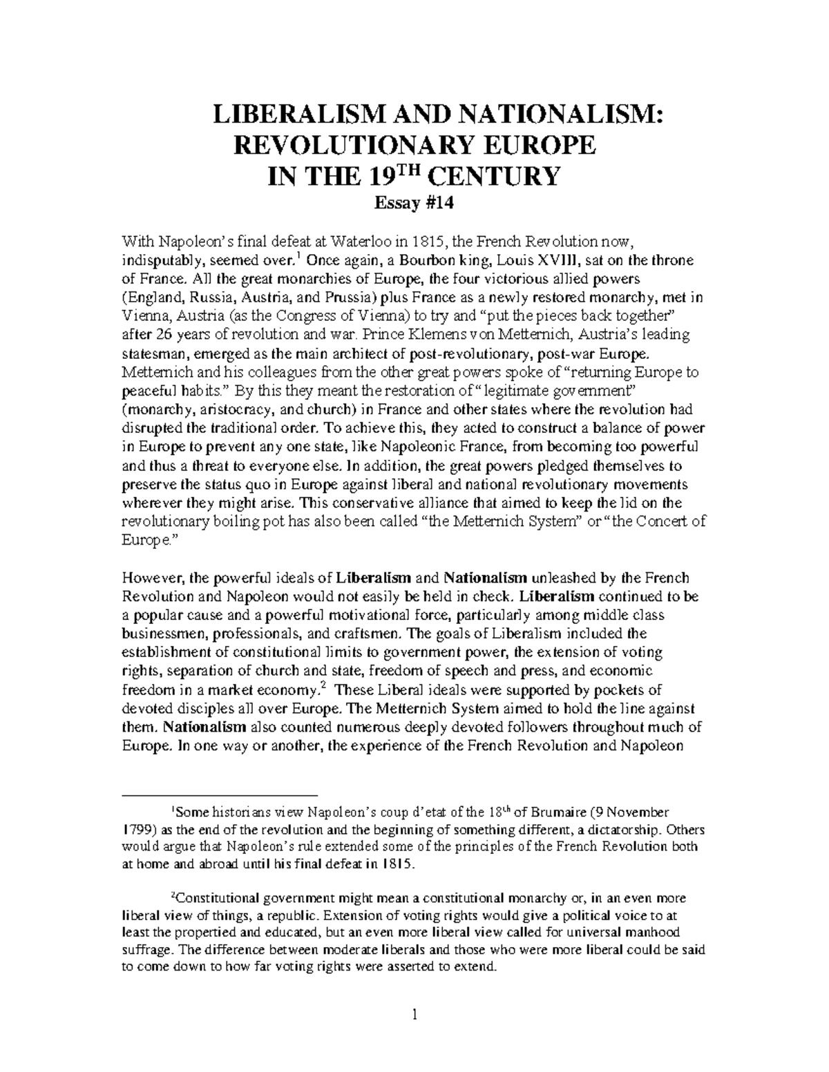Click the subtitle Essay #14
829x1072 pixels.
(414, 204)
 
